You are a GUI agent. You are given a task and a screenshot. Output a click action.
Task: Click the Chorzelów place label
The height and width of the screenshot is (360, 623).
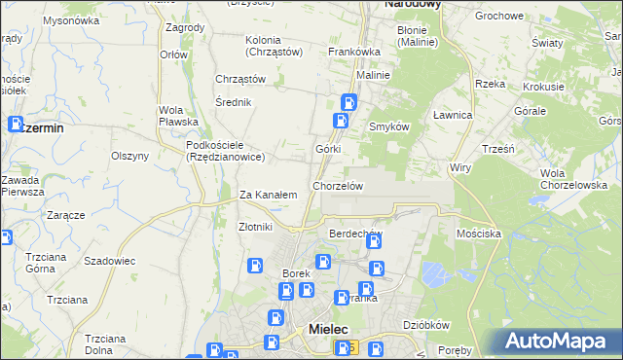pos(338,186)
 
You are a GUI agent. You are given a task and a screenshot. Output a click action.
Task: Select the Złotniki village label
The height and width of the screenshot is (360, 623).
pos(256,227)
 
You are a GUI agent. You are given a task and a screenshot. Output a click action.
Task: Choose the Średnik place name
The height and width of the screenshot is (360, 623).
pos(235,102)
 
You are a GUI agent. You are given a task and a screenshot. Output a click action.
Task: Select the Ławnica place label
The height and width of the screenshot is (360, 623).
pos(452,115)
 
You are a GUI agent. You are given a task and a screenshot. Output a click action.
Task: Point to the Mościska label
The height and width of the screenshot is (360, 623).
pos(478,234)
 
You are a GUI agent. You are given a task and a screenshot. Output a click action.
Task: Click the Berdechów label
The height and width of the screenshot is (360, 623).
pos(356,234)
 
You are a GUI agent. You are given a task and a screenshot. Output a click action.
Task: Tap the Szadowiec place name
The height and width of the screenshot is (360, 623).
pos(109,262)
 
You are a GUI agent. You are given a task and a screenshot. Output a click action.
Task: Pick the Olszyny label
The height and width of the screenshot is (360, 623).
pos(129,156)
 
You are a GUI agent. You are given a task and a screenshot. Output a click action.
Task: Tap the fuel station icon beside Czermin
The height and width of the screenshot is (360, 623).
pos(17,125)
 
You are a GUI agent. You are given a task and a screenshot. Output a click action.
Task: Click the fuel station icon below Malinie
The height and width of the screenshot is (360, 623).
pos(348,101)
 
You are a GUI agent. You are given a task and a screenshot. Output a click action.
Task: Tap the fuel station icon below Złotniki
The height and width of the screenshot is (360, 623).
pos(255,265)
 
